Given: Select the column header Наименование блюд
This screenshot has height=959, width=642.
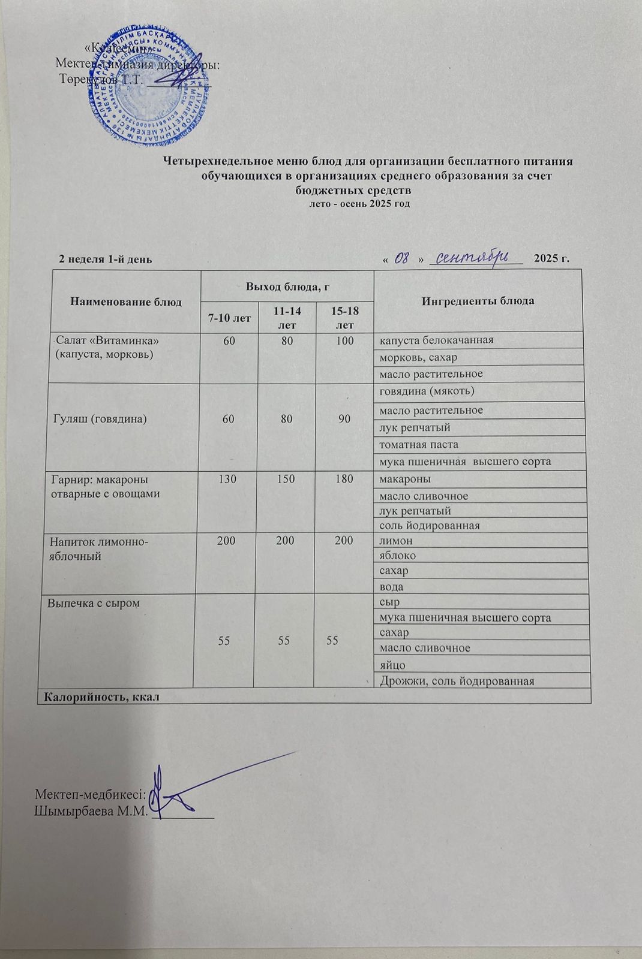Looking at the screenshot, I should click(126, 301).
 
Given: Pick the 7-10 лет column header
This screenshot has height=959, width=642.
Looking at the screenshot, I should click(229, 318).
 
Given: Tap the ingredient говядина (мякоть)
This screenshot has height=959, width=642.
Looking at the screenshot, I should click(427, 391).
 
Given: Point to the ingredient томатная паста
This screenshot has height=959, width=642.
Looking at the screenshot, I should click(418, 445).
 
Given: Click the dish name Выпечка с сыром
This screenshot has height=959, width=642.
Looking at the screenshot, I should click(94, 603).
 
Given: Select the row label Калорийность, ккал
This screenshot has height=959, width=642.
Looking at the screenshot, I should click(100, 696).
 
